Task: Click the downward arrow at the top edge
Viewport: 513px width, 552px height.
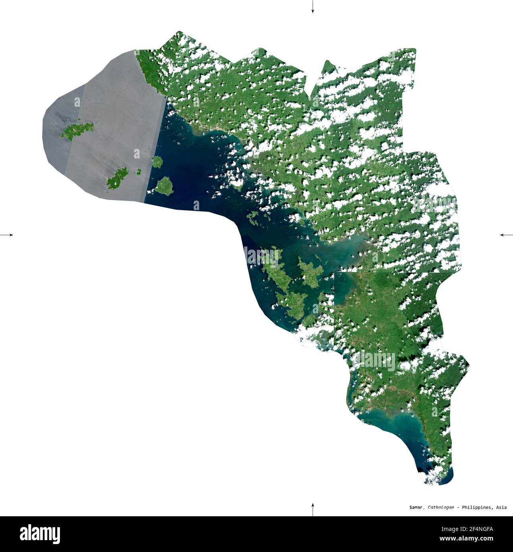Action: point(312,7)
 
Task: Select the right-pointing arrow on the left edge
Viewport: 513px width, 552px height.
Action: point(7,235)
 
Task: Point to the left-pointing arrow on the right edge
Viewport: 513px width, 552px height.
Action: point(506,235)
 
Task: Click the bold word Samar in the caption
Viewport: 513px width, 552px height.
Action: point(417,507)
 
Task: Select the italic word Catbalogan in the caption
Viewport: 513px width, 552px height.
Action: point(441,507)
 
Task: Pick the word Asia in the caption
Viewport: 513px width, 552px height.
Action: point(501,507)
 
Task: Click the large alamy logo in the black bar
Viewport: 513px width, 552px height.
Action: point(40,534)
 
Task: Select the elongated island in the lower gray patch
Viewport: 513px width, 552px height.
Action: point(118,178)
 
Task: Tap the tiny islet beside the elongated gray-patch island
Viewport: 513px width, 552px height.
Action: point(139,172)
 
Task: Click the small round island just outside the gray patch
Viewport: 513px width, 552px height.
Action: point(157,161)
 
